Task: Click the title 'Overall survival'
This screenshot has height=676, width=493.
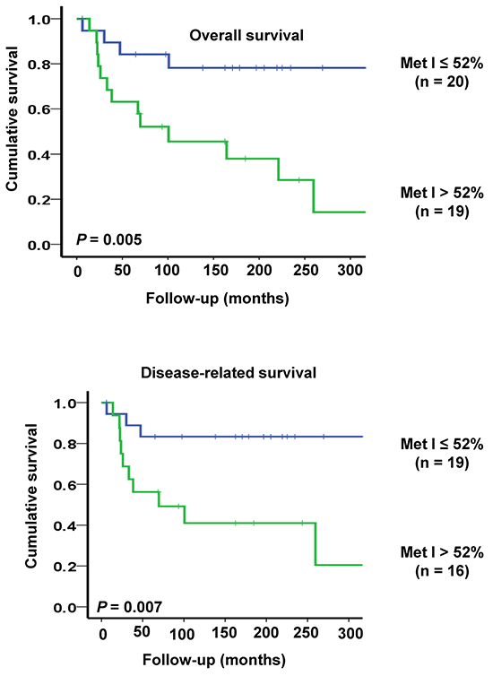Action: [x=246, y=35]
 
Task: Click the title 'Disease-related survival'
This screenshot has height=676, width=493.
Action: [x=229, y=372]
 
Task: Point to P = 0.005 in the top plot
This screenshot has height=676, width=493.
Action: [x=109, y=238]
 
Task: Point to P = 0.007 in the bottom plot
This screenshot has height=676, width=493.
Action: [x=129, y=607]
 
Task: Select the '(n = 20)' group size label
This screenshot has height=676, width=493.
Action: [x=442, y=82]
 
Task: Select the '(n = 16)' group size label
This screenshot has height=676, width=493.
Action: [x=442, y=571]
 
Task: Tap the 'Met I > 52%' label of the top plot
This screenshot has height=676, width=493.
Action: [x=442, y=192]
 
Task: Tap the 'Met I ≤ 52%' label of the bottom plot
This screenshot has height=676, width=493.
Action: [x=442, y=444]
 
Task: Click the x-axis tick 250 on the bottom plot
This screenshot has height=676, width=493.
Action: [x=306, y=633]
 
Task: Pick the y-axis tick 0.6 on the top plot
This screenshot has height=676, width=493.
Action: [x=39, y=109]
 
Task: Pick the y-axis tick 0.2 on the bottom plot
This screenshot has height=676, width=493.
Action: [x=65, y=566]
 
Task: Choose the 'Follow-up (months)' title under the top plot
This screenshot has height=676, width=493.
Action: [x=217, y=299]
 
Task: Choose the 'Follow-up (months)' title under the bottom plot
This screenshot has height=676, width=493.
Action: [x=214, y=660]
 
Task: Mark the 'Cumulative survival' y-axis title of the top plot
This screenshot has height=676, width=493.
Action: [x=12, y=118]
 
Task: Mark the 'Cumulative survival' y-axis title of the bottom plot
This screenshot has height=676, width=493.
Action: [x=31, y=496]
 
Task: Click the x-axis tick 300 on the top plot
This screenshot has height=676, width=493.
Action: [x=350, y=271]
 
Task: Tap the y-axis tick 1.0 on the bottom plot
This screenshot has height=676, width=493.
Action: [x=65, y=403]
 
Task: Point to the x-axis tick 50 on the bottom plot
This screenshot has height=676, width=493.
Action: [x=142, y=632]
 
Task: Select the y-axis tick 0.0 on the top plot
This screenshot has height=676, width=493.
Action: [x=39, y=246]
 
